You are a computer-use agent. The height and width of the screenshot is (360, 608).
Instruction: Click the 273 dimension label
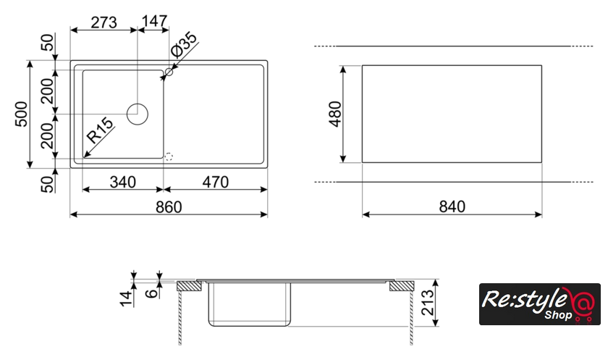click(104, 22)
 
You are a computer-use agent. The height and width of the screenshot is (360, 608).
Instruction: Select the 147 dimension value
click(154, 21)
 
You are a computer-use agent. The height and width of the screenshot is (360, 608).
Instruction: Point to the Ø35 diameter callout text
click(184, 45)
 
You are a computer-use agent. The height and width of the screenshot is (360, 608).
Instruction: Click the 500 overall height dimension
click(22, 114)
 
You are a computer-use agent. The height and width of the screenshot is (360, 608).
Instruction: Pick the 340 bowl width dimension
click(123, 182)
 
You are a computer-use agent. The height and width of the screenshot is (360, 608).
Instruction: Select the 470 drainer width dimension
click(216, 182)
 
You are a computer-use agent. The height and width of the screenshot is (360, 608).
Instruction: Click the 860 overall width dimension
click(169, 207)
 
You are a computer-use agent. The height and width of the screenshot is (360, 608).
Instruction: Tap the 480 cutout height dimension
click(335, 114)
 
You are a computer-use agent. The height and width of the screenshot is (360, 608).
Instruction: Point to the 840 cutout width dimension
click(452, 206)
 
